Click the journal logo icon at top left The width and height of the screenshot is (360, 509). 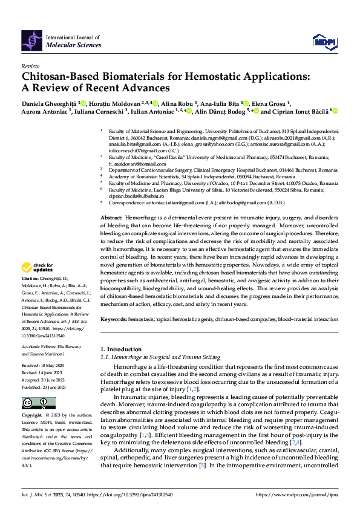click(32, 41)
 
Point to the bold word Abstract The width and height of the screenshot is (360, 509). click(111, 216)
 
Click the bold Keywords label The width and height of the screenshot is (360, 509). click(114, 318)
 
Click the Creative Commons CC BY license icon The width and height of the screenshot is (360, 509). click(31, 403)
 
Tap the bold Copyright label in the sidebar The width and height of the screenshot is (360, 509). click(33, 416)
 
